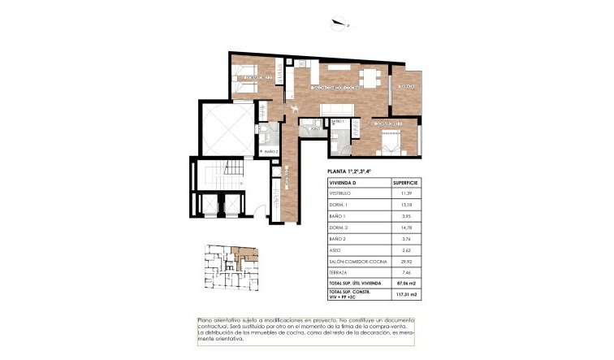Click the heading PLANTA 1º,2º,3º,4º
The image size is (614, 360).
tap(351, 172)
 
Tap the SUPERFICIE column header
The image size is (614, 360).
tap(404, 184)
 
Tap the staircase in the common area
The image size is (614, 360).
tap(214, 175)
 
